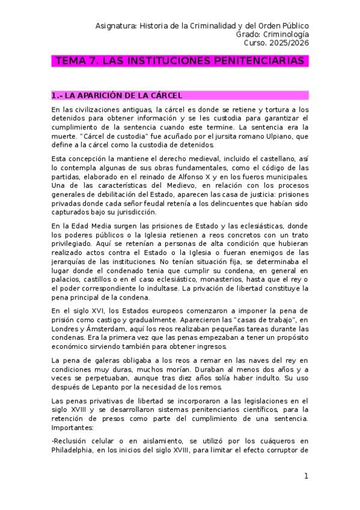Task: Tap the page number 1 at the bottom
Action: [x=306, y=476]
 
